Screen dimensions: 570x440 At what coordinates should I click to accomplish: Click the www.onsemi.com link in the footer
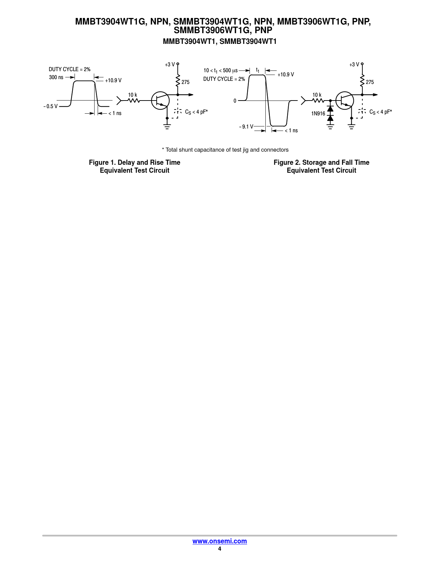tap(219, 541)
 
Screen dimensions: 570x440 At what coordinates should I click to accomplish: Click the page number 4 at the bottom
tap(219, 549)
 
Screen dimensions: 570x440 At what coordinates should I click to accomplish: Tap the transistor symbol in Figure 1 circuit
tap(160, 101)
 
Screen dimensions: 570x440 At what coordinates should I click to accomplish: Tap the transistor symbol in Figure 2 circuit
tap(345, 101)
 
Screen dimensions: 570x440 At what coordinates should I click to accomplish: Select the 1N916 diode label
tap(318, 114)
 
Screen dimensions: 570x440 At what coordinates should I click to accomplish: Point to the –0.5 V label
tap(51, 106)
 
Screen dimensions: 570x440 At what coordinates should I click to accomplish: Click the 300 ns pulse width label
tap(56, 77)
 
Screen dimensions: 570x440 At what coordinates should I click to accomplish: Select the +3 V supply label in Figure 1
tap(170, 65)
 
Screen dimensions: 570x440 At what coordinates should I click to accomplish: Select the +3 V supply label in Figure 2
tap(354, 65)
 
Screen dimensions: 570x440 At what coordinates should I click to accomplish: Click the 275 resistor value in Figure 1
tap(186, 82)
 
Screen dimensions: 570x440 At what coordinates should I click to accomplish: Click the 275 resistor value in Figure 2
tap(370, 82)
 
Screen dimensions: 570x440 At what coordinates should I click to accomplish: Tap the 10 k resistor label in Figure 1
tap(133, 95)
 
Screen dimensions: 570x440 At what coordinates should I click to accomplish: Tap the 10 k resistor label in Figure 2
tap(317, 95)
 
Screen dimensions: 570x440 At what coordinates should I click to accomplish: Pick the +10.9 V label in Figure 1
tap(113, 80)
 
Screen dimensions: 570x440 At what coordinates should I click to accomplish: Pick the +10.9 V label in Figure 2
tap(286, 75)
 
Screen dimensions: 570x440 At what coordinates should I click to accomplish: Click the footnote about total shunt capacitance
tap(225, 150)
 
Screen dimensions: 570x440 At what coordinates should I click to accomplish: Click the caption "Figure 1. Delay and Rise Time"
tap(135, 162)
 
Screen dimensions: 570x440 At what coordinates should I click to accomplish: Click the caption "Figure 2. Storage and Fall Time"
tap(321, 162)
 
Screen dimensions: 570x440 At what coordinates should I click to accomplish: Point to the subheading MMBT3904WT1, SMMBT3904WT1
tap(219, 41)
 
